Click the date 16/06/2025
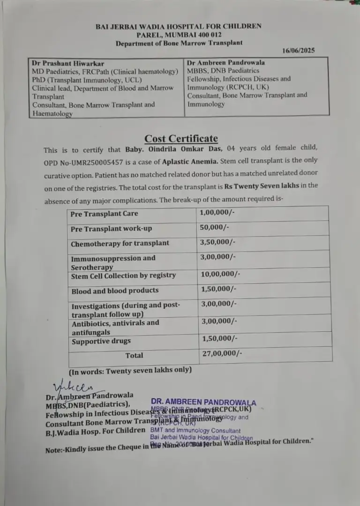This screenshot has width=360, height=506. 299,50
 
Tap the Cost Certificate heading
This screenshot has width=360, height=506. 181,138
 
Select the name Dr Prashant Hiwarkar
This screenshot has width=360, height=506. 68,63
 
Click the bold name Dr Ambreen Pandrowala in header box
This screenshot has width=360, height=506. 225,62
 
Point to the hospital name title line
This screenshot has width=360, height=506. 179,27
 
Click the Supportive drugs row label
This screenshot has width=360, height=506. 101,341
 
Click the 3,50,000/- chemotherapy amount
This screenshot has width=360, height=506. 217,242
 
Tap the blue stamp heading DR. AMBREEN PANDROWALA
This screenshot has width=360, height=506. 203,402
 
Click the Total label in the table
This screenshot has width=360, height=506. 134,355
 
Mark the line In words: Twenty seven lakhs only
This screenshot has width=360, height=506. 130,370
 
